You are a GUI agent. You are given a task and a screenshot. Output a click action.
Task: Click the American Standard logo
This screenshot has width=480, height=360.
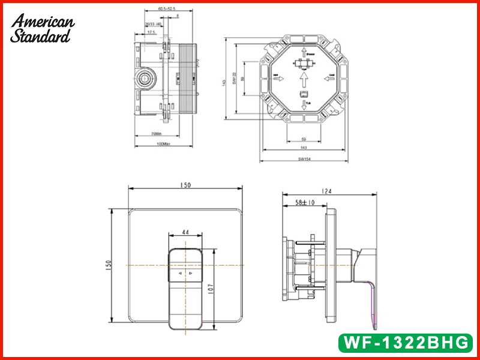(43, 28)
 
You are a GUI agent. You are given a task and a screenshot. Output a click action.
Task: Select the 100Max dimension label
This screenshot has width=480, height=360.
(163, 144)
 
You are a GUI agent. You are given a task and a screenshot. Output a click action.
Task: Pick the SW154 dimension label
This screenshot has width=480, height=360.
(304, 160)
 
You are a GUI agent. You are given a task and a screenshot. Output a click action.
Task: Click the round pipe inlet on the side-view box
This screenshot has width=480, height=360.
(145, 77)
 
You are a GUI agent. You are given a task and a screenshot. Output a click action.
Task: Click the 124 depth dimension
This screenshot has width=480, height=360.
(326, 191)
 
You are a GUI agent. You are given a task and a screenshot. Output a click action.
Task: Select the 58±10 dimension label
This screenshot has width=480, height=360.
(305, 203)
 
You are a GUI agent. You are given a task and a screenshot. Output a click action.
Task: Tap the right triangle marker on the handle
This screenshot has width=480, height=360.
(191, 274)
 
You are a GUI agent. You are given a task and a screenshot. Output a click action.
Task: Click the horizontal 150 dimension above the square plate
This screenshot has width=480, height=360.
(185, 185)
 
